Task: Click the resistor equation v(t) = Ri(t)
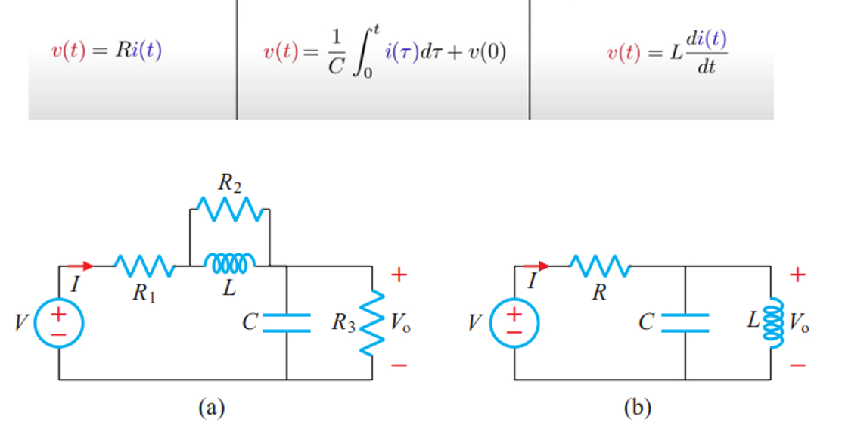[x=106, y=52]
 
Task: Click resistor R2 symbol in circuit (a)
[x=229, y=208]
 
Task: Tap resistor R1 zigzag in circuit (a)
[x=144, y=266]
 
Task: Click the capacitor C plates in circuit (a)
[x=287, y=322]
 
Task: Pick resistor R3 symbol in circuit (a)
[x=371, y=323]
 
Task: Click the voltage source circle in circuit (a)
[x=59, y=322]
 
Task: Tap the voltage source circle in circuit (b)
[x=514, y=322]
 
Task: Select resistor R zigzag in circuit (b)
[x=600, y=266]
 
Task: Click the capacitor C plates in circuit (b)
[x=685, y=322]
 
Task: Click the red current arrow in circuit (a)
[x=81, y=266]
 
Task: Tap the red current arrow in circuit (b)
[x=536, y=266]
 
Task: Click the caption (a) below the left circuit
[x=211, y=408]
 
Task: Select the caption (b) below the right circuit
[x=636, y=408]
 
